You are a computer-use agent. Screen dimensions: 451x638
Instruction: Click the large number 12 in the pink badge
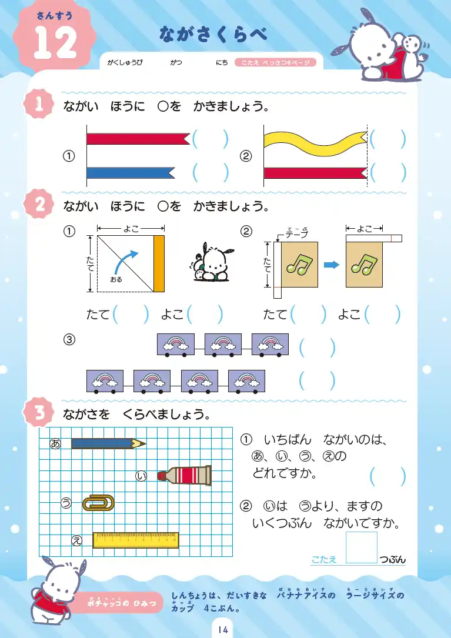55,43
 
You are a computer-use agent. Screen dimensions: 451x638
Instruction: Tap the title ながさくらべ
213,34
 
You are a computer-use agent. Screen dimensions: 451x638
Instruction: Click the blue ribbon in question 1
131,172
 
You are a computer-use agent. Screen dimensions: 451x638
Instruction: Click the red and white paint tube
185,475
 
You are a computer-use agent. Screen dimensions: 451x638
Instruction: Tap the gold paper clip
98,503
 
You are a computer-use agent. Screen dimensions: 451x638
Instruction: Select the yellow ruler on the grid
136,540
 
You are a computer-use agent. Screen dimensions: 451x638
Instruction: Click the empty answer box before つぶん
362,547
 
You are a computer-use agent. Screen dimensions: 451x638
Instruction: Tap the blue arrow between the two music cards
332,265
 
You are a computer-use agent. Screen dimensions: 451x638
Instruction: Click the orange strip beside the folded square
159,263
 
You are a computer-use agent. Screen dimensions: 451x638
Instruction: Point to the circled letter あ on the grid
55,443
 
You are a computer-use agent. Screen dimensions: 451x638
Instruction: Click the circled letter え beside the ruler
76,540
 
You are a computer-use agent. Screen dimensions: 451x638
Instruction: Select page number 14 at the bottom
223,629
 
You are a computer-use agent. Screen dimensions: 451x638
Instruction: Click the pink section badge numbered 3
39,412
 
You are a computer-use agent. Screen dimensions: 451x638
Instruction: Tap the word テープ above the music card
297,234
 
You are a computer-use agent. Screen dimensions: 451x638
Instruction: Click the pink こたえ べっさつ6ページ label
276,62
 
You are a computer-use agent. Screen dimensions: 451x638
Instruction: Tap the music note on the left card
298,265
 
